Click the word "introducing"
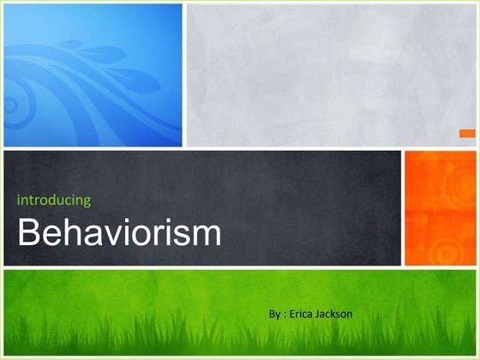click(54, 201)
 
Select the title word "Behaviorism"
click(119, 232)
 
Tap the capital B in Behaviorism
click(29, 232)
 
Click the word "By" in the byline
click(274, 315)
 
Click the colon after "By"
click(286, 315)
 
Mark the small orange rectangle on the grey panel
click(467, 133)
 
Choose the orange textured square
click(438, 208)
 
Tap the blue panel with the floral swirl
click(93, 75)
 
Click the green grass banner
click(240, 312)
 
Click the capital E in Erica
click(294, 315)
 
